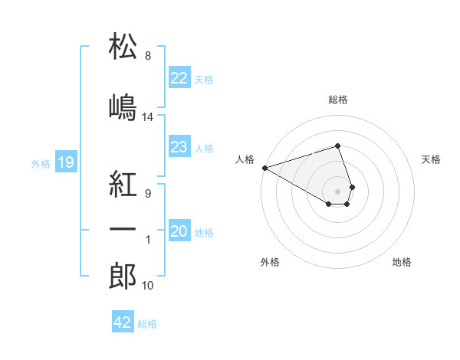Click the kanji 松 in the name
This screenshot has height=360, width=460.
point(123,46)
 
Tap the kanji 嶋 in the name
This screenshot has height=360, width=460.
point(123,107)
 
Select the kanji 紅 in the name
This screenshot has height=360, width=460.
point(123,184)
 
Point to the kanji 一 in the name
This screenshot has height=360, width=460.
point(123,229)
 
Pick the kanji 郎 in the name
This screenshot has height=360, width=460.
point(123,276)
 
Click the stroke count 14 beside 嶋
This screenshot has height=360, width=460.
point(147,117)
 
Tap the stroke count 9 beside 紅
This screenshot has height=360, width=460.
point(148,194)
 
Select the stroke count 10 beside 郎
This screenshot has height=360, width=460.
point(147,286)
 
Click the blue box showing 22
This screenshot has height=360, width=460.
point(179,77)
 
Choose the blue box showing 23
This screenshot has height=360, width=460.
point(179,146)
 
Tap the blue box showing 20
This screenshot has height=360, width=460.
point(179,230)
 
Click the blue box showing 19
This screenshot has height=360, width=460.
point(66,162)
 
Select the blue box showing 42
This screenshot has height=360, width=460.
point(123,321)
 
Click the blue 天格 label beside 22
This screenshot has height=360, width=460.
point(204,80)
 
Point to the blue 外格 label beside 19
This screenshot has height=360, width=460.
point(41,164)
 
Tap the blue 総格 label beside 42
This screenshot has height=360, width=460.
point(147,324)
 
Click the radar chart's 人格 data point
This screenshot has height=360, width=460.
point(265,168)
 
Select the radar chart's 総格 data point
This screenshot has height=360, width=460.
point(337,146)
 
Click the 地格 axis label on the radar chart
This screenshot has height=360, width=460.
point(402,262)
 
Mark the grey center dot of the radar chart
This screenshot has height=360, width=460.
point(337,191)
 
